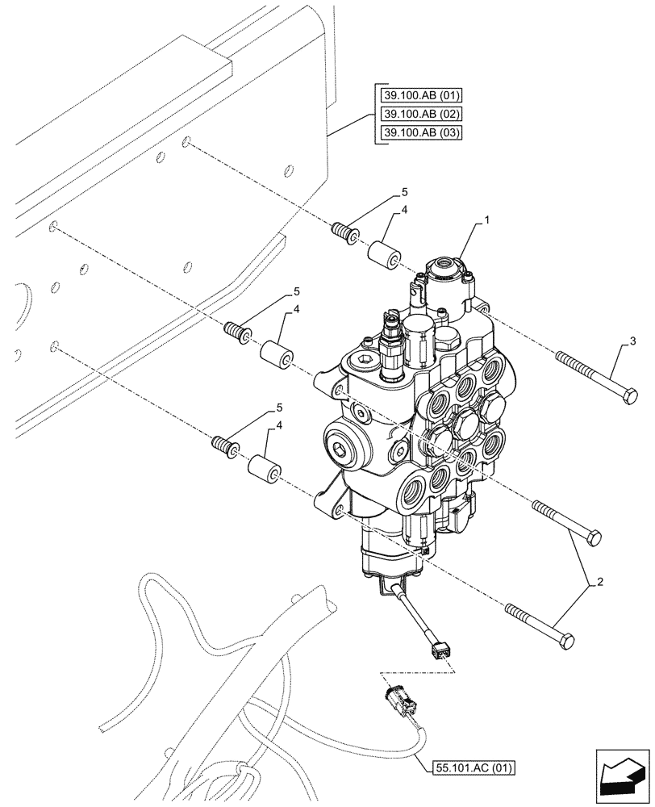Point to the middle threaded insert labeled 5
pos(236,332)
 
